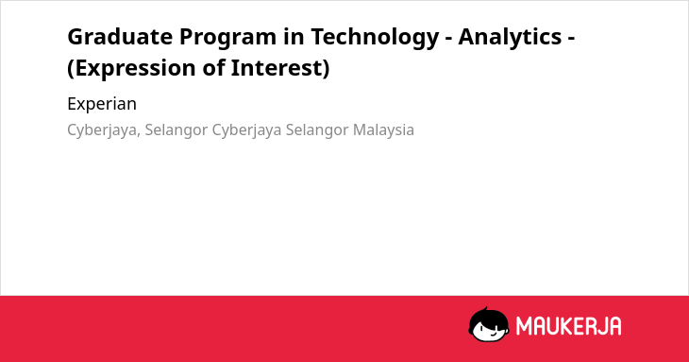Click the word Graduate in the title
[120, 37]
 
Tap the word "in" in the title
[294, 37]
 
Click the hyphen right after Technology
[448, 38]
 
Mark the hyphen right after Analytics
[571, 38]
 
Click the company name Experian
[102, 105]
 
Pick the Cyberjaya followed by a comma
[102, 131]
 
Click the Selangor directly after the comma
[176, 130]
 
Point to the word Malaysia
[383, 130]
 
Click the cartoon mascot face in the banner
[489, 325]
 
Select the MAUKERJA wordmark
[568, 326]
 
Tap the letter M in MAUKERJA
[524, 326]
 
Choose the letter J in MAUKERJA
[601, 326]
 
